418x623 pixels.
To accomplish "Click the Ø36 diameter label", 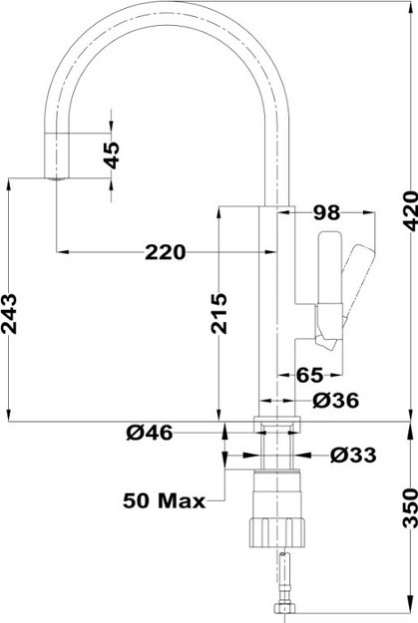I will point(335,400).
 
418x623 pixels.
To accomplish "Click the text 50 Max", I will point(164,499).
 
